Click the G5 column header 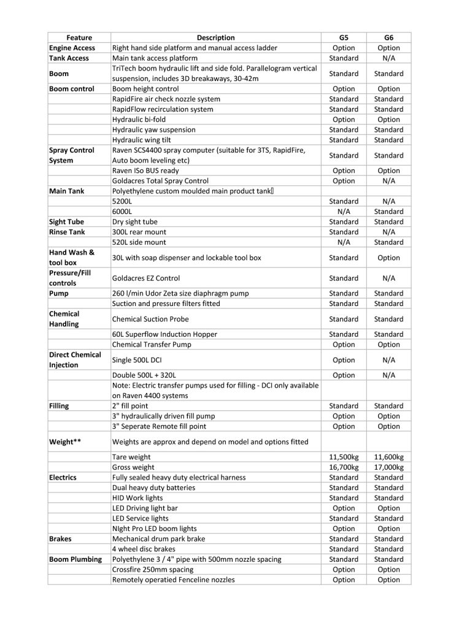(x=344, y=37)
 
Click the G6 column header (x=388, y=37)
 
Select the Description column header (x=215, y=37)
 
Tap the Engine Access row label (x=72, y=48)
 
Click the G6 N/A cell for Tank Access (x=388, y=58)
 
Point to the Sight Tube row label (x=67, y=221)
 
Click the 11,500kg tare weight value (x=344, y=457)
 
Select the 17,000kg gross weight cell (x=388, y=467)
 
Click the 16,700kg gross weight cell (x=344, y=467)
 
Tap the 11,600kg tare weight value (x=388, y=457)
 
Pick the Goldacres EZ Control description (x=146, y=278)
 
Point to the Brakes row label (x=61, y=538)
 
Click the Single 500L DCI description (x=138, y=360)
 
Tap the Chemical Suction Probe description (x=150, y=319)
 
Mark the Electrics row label (x=63, y=477)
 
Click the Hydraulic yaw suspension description (x=154, y=129)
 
